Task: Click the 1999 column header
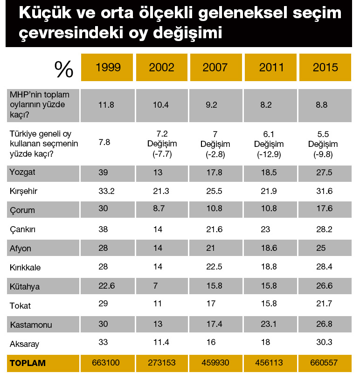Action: tap(107, 67)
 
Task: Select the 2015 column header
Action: tap(325, 67)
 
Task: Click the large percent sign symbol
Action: tap(64, 69)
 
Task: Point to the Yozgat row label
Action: tap(22, 172)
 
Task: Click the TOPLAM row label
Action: tap(28, 363)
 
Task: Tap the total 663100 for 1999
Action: tap(107, 363)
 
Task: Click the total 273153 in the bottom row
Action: tap(161, 363)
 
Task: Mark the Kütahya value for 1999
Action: tap(105, 287)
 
